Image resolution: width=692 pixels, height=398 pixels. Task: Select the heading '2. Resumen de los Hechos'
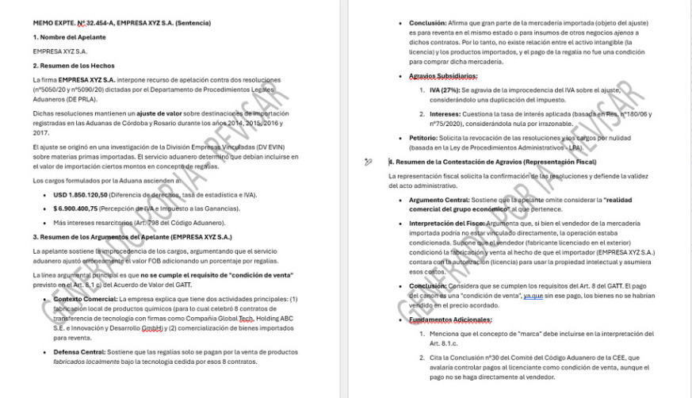(74, 66)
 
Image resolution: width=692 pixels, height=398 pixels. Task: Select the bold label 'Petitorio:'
(428, 137)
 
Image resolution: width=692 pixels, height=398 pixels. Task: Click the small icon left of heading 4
(368, 162)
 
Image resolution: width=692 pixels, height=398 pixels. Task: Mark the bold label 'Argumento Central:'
(439, 200)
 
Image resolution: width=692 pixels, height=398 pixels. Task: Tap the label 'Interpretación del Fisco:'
(448, 224)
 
